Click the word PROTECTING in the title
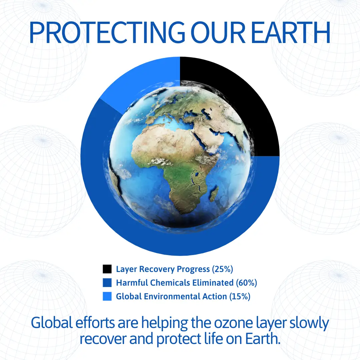(107, 32)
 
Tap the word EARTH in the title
(291, 32)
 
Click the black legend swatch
(107, 269)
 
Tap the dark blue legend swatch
(107, 283)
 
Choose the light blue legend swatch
(107, 296)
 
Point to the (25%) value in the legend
(222, 269)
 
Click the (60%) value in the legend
(247, 283)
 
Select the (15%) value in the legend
(240, 296)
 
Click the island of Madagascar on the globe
(215, 193)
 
